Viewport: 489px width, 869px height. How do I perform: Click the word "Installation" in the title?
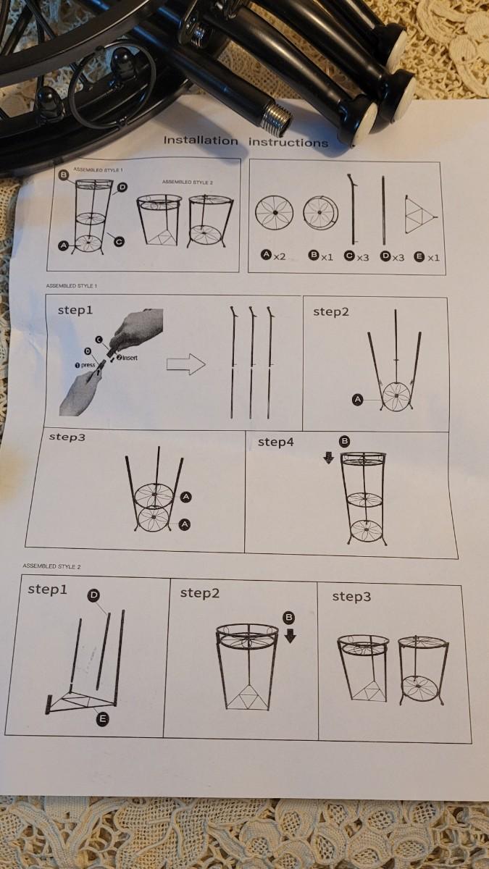pos(201,140)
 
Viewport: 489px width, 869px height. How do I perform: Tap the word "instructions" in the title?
pos(288,143)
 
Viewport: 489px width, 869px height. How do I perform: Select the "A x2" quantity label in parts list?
pos(274,256)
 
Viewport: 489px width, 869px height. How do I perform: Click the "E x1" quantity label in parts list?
pos(427,257)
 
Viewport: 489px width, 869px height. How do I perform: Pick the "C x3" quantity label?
pos(356,256)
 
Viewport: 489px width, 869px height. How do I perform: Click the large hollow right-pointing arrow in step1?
pos(186,364)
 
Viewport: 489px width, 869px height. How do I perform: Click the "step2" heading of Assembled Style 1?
pos(331,311)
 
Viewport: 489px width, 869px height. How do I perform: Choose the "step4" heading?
pos(276,442)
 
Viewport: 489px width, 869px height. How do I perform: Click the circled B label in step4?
pos(344,441)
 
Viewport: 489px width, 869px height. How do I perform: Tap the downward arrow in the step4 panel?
pos(328,458)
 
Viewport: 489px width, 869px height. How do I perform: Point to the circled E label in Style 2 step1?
pos(102,718)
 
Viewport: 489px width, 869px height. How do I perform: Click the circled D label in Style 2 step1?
pos(94,595)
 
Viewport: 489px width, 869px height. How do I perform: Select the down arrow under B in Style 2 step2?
pos(291,637)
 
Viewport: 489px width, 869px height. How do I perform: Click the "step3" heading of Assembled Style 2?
pos(351,596)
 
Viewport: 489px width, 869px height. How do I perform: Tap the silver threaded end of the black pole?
pos(275,117)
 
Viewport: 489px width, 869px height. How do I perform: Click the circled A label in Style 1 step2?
pos(357,399)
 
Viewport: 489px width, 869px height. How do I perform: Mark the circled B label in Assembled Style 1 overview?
pos(63,175)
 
